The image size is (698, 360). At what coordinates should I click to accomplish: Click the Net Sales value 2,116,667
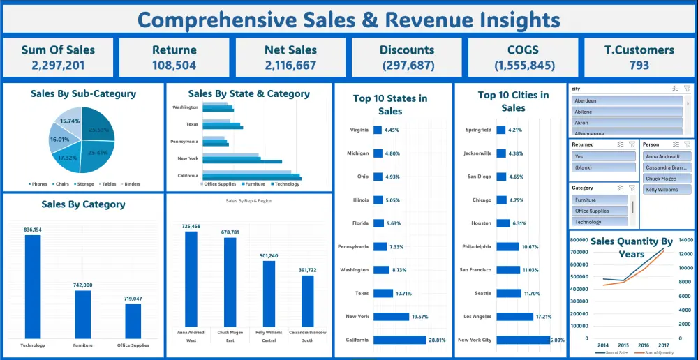click(x=290, y=66)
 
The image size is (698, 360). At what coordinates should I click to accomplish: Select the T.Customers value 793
click(x=639, y=66)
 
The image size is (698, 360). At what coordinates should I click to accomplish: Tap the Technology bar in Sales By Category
click(x=33, y=286)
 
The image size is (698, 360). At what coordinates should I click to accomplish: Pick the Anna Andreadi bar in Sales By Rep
click(x=191, y=278)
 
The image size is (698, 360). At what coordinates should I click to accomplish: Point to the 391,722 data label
click(x=308, y=270)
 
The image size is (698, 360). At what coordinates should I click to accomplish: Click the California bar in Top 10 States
click(x=399, y=340)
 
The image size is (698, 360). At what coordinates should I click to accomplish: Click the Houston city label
click(x=482, y=223)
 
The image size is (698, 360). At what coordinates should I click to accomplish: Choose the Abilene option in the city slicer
click(x=626, y=112)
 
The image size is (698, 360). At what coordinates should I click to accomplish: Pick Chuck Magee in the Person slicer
click(x=667, y=179)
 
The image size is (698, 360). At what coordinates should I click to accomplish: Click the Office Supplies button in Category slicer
click(x=600, y=211)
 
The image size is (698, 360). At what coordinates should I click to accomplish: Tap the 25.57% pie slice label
click(x=98, y=129)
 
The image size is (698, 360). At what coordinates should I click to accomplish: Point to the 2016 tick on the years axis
click(x=643, y=345)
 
